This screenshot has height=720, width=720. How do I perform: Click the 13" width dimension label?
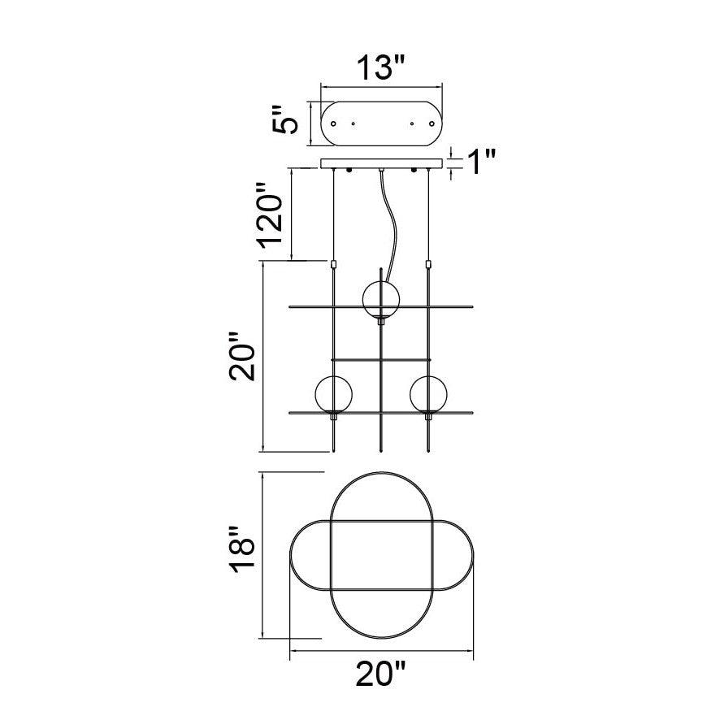point(381,68)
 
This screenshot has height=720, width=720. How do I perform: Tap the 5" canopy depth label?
point(284,119)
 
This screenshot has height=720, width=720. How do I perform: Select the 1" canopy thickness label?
point(482,162)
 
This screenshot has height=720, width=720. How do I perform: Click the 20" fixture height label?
point(242,356)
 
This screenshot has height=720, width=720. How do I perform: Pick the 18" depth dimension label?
point(242,549)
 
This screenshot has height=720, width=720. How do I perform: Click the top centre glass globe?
point(380,299)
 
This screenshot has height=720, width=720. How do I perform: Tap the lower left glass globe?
point(333,394)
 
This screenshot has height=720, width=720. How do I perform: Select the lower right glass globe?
point(428,394)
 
